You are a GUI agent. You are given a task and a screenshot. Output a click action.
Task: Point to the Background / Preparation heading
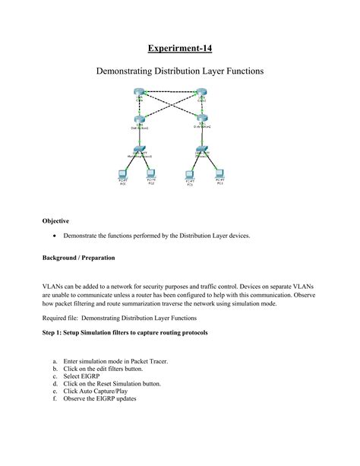[78, 258]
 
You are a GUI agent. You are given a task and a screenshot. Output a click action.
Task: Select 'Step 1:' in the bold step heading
[55, 333]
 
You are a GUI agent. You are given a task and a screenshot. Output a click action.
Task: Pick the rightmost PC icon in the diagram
[220, 174]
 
